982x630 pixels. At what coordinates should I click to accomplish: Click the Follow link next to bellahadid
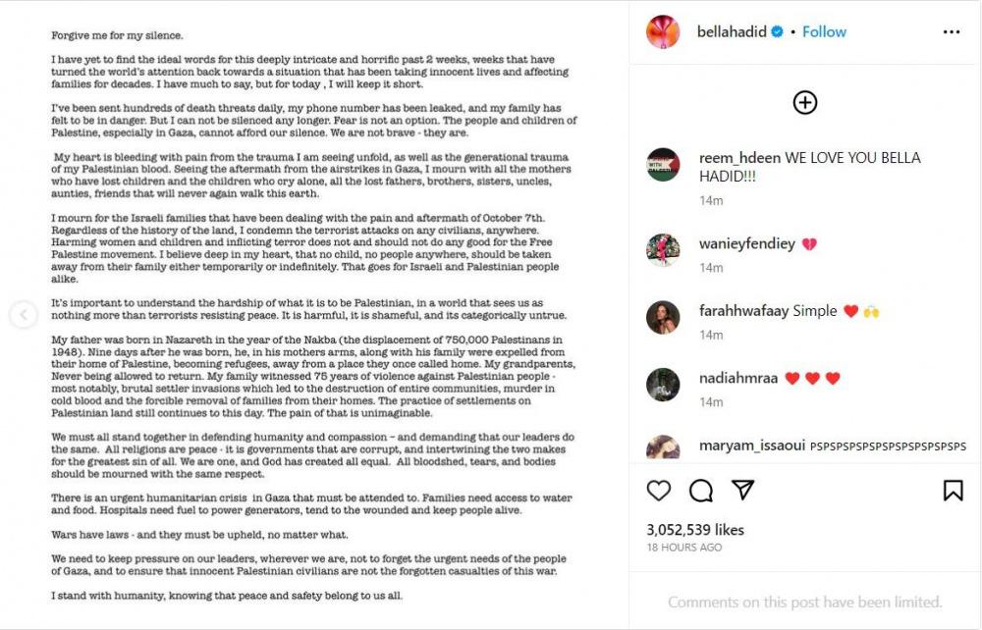[x=824, y=31]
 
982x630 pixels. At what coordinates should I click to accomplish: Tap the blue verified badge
[x=777, y=31]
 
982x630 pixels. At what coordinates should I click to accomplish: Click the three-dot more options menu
[x=952, y=31]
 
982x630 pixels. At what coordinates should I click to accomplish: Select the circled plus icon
[x=805, y=102]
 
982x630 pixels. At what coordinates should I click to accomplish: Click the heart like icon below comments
[x=659, y=490]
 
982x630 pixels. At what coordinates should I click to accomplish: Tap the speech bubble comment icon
[x=701, y=490]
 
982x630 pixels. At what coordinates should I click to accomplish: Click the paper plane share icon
[x=743, y=490]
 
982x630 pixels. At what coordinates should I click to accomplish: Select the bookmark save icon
[x=953, y=490]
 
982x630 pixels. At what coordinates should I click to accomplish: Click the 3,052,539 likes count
[x=695, y=530]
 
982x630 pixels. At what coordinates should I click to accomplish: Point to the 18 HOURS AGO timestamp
[x=684, y=548]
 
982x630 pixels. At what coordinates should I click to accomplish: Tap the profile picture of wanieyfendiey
[x=663, y=250]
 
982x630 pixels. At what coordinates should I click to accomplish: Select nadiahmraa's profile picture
[x=663, y=385]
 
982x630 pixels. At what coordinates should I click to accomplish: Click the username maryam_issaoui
[x=751, y=446]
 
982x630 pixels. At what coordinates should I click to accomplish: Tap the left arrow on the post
[x=23, y=315]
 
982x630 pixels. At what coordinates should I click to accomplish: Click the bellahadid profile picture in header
[x=663, y=31]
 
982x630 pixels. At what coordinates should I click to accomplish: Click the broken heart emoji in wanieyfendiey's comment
[x=809, y=244]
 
